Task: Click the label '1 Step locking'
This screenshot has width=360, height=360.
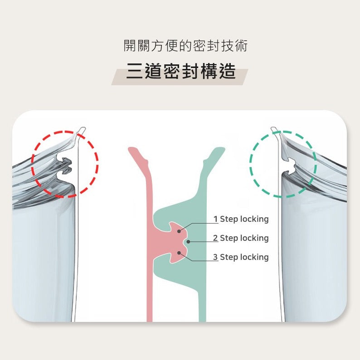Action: [241, 219]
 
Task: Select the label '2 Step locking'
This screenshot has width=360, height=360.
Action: [241, 238]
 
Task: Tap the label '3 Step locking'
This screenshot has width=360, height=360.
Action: [241, 258]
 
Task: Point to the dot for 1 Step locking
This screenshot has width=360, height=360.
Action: [179, 231]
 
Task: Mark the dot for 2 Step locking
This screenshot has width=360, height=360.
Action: [188, 242]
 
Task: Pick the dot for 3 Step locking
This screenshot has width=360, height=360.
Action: [179, 253]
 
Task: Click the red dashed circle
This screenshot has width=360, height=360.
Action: [65, 164]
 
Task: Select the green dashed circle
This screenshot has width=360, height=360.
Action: [283, 164]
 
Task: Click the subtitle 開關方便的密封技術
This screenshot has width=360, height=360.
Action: [186, 45]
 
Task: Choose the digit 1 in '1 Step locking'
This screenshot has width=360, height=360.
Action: [216, 219]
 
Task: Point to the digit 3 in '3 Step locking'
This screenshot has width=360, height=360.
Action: [215, 258]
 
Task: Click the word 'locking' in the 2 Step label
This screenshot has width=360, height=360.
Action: [254, 238]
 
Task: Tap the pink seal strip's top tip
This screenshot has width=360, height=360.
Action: [132, 149]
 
